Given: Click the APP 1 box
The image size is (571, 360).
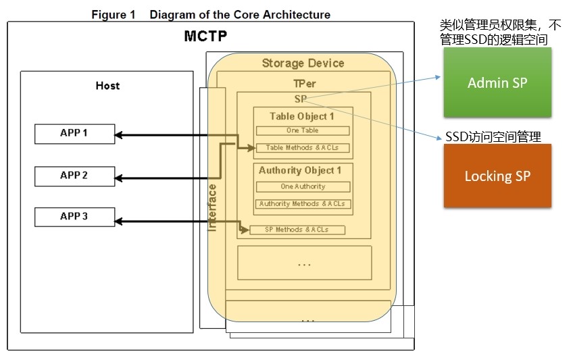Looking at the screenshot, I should pyautogui.click(x=74, y=133).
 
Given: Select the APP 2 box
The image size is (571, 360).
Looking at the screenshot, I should pyautogui.click(x=74, y=176).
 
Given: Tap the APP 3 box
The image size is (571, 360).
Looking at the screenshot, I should pyautogui.click(x=74, y=217).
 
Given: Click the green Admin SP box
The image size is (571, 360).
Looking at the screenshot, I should pyautogui.click(x=497, y=82).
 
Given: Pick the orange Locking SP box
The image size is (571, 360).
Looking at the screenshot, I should pyautogui.click(x=497, y=176).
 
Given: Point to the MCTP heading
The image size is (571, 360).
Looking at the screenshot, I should pyautogui.click(x=205, y=36).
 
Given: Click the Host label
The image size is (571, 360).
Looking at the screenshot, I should pyautogui.click(x=107, y=86).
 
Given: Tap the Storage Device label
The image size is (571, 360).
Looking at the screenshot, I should pyautogui.click(x=303, y=63).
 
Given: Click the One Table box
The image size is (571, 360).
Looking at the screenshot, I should pyautogui.click(x=302, y=130).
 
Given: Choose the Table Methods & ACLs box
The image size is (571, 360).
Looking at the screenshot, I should pyautogui.click(x=302, y=147).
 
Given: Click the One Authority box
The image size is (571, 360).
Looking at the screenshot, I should pyautogui.click(x=303, y=186).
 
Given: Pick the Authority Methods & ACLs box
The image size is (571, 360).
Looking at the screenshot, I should pyautogui.click(x=303, y=203).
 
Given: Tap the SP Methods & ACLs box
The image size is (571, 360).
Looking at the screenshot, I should pyautogui.click(x=297, y=230).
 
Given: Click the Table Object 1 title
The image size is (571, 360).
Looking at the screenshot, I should pyautogui.click(x=301, y=115).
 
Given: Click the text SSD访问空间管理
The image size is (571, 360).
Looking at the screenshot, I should pyautogui.click(x=493, y=136).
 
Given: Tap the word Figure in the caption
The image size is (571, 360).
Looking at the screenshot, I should pyautogui.click(x=108, y=14).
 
